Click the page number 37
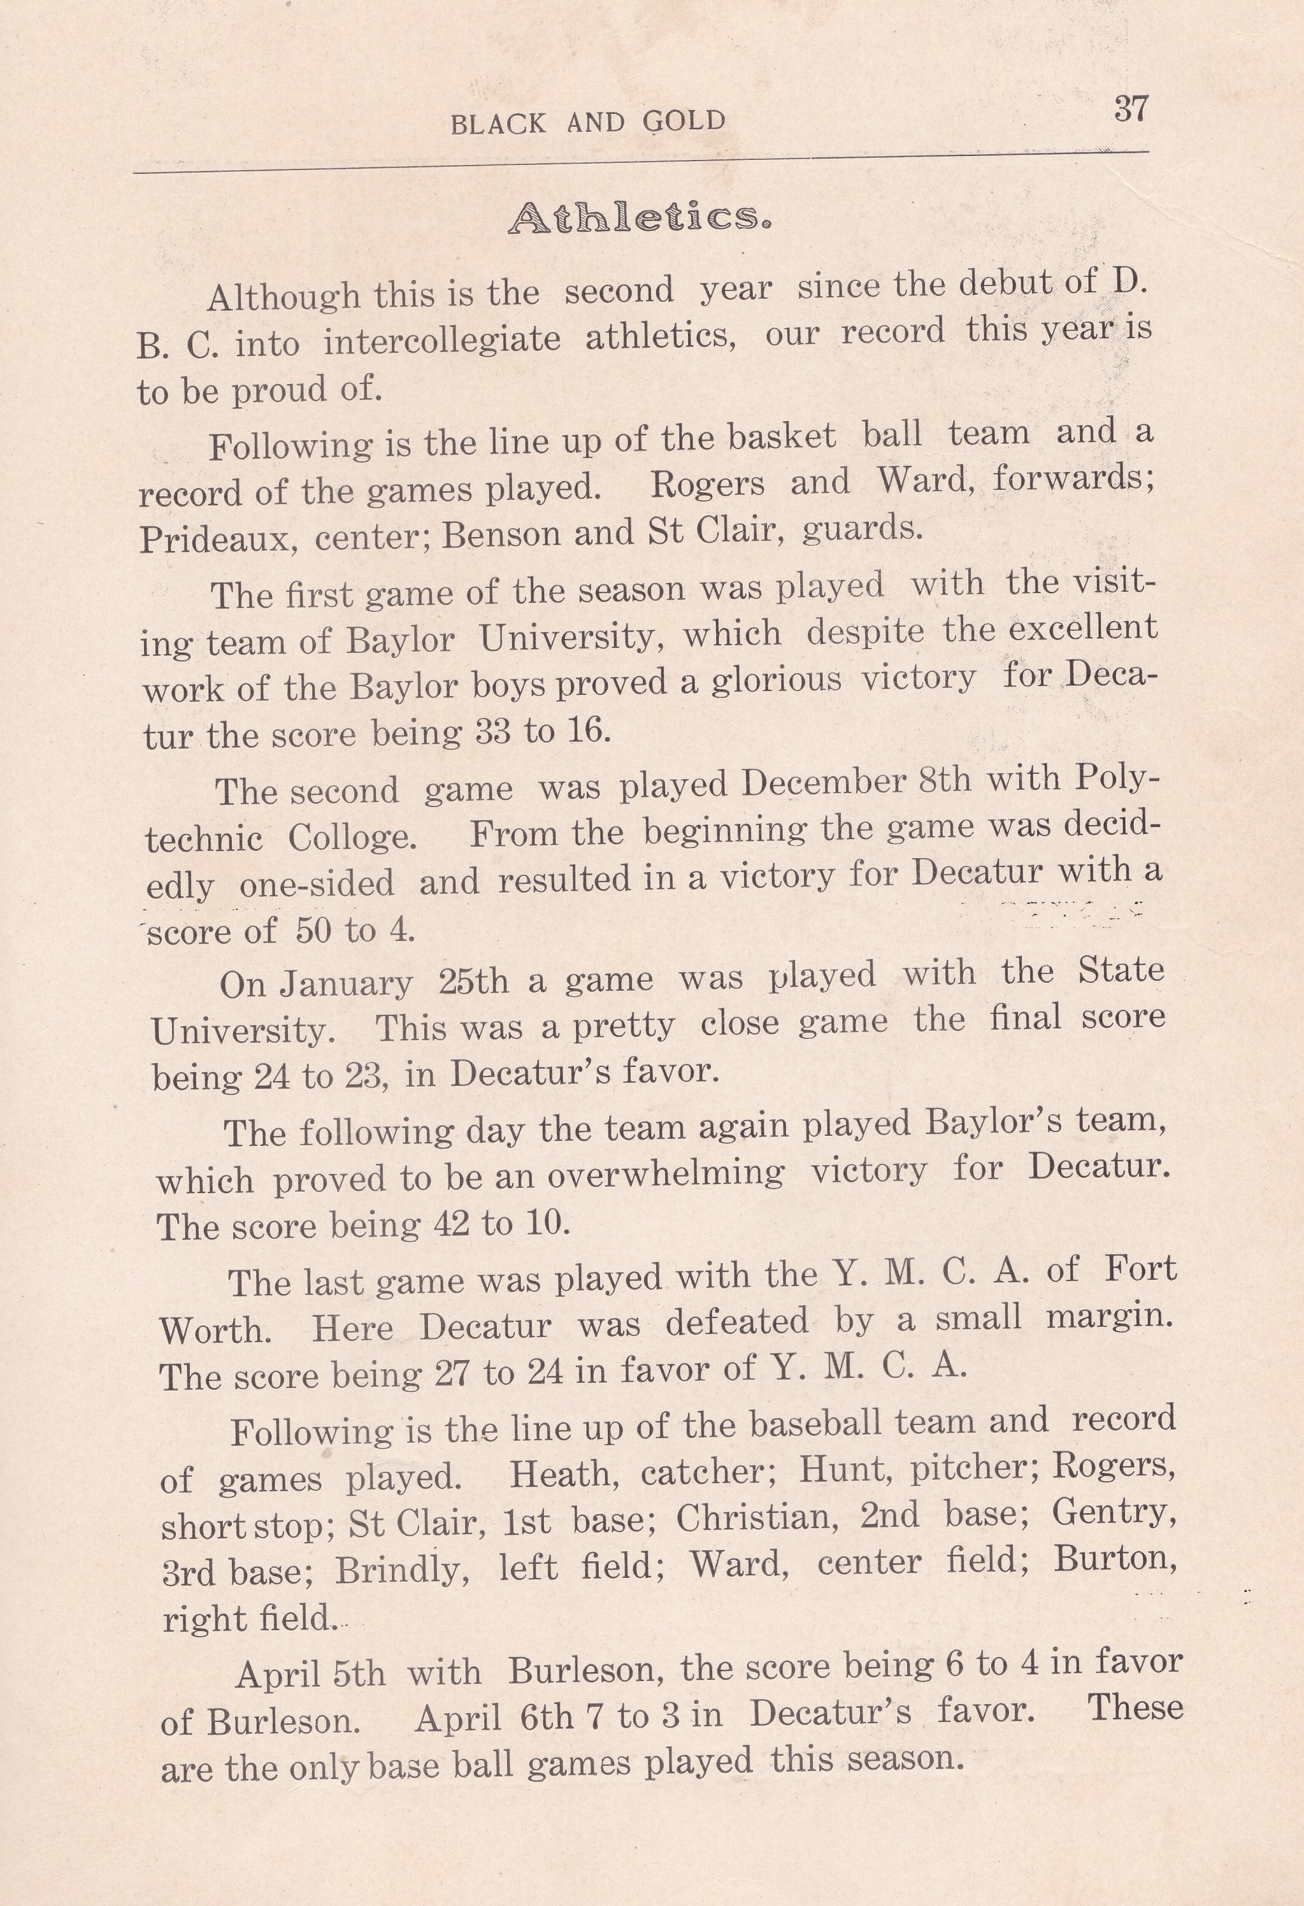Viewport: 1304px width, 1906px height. [1130, 109]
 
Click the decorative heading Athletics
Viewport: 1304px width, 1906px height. [640, 218]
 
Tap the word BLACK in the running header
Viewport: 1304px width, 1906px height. [498, 124]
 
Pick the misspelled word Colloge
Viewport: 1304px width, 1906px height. [352, 837]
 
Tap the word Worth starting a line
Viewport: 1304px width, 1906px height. [215, 1329]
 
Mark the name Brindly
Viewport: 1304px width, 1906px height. [402, 1570]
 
